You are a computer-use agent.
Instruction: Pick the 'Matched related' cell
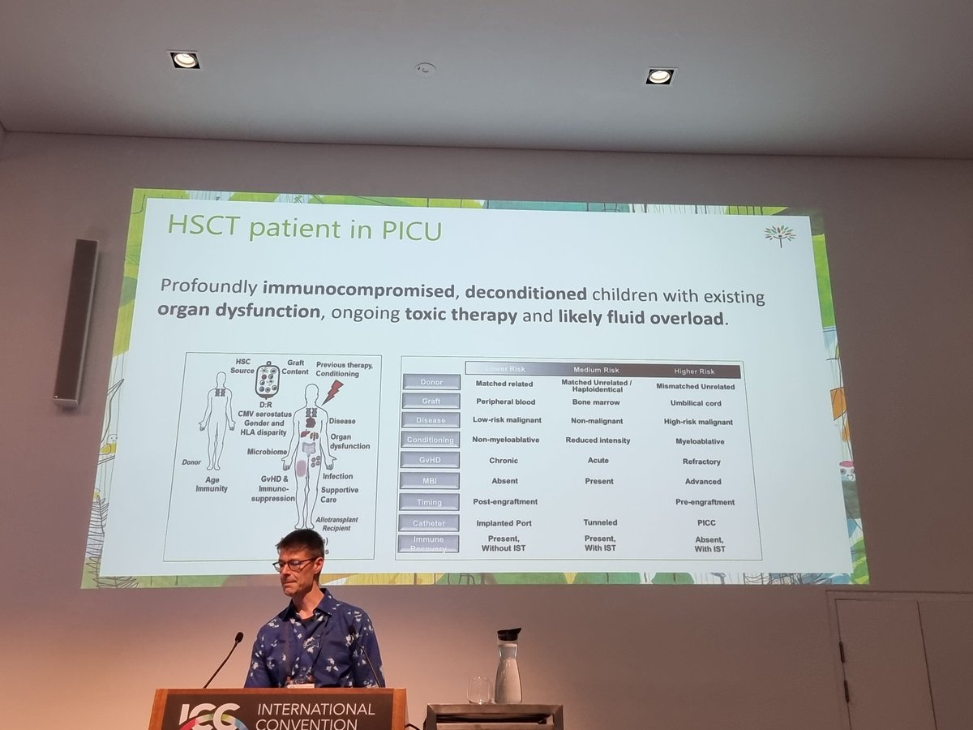504,384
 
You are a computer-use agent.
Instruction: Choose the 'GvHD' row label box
430,460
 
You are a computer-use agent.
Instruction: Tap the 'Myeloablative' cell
699,442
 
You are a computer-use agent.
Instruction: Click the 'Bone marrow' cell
595,402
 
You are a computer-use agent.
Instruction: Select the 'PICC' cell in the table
705,523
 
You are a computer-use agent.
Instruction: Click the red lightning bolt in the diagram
332,393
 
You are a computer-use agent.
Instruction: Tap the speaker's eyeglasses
293,563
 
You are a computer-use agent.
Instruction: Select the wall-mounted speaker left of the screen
76,322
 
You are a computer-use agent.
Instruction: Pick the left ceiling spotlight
184,59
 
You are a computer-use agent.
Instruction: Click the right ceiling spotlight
659,76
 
